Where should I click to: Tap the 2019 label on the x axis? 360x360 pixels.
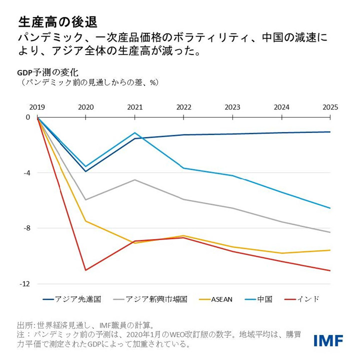pos(37,107)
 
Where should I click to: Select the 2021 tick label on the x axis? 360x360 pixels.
pos(134,107)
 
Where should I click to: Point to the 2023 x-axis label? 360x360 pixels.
pos(232,107)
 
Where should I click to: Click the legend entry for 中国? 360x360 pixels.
pos(264,299)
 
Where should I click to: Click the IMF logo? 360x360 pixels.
pos(328,340)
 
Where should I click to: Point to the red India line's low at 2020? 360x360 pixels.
pos(86,270)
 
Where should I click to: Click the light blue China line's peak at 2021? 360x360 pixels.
pos(134,133)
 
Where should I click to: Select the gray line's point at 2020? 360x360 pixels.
pos(86,200)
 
